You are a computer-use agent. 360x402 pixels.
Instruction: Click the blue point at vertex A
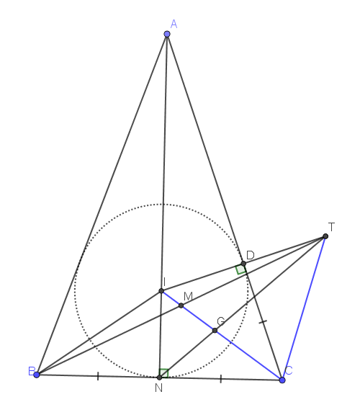(x=167, y=34)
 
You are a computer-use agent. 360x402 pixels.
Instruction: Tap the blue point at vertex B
(x=37, y=375)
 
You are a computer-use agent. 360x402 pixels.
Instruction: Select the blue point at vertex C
(x=282, y=380)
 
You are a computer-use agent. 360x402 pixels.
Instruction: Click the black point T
(x=325, y=236)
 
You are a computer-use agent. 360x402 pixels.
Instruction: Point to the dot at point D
(x=243, y=263)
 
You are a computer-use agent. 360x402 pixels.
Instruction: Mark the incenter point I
(x=161, y=291)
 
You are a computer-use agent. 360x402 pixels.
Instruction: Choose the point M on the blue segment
(x=181, y=305)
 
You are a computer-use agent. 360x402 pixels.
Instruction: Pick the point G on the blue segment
(x=215, y=331)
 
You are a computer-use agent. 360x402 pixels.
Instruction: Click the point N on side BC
(x=159, y=378)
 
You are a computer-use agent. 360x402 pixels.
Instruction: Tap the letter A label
(x=174, y=24)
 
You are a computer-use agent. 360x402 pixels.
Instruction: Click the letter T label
(x=331, y=227)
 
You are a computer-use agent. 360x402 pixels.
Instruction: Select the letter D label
(x=251, y=255)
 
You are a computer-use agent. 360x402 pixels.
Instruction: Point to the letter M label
(x=188, y=297)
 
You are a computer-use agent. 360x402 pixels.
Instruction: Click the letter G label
(x=221, y=321)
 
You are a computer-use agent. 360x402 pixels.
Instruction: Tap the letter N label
(x=159, y=388)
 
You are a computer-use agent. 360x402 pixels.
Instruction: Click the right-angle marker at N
(x=164, y=373)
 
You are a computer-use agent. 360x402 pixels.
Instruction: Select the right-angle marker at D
(x=241, y=269)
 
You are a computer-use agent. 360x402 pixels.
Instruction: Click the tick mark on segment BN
(x=98, y=376)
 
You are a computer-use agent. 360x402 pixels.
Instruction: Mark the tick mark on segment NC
(x=221, y=379)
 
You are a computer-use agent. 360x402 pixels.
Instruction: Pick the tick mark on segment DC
(x=263, y=321)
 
